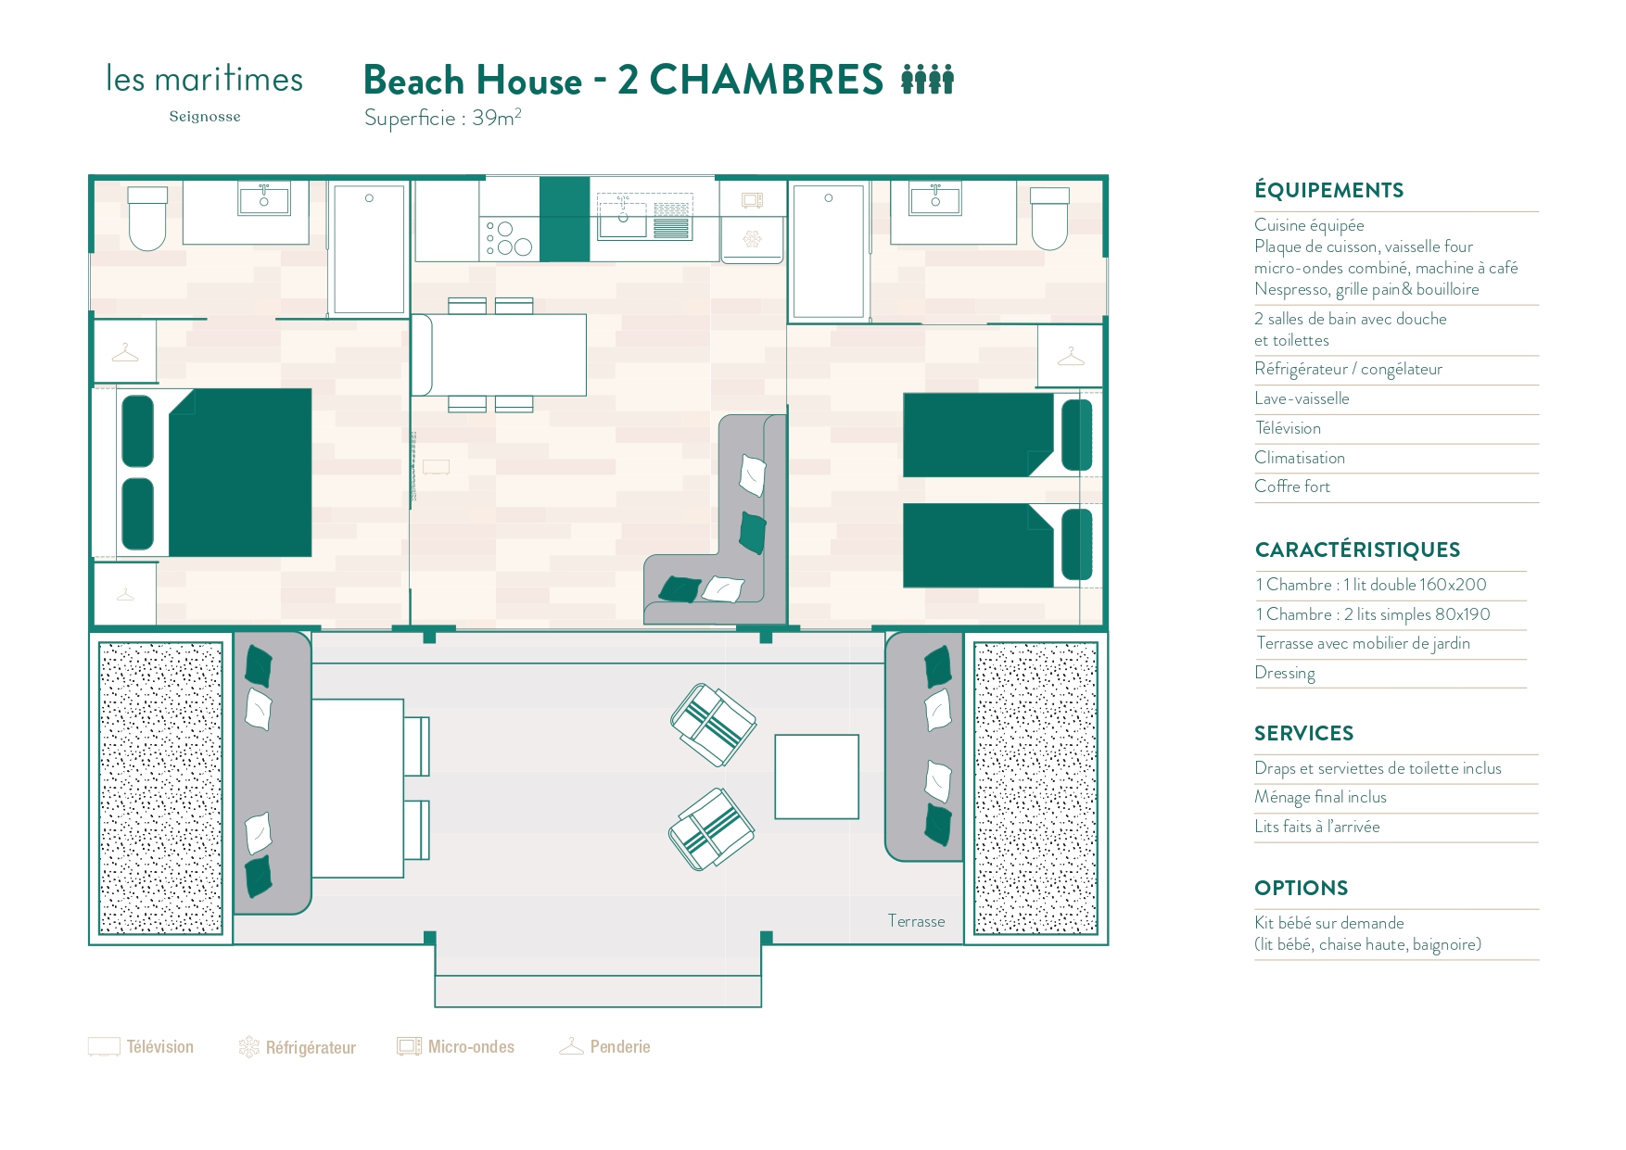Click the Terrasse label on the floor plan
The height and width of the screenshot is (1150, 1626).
coord(916,921)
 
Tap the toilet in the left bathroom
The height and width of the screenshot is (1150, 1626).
coord(147,220)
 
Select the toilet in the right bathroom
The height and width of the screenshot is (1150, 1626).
coord(1049,220)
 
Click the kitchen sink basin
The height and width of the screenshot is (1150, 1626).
coord(622,218)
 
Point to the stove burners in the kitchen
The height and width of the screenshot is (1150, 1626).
coord(509,238)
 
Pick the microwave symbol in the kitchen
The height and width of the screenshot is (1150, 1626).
coord(752,199)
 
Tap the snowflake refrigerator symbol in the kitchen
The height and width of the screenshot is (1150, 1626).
coord(752,240)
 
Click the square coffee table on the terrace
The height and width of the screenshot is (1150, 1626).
coord(817,777)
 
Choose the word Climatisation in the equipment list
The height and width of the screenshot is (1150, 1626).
coord(1299,458)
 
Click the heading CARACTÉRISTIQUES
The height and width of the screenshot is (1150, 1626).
coord(1357,550)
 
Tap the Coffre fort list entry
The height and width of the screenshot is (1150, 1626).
coord(1291,487)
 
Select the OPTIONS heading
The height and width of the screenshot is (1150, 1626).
coord(1301,888)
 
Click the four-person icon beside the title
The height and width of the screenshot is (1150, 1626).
coord(927,80)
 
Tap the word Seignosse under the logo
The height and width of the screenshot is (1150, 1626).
coord(205,117)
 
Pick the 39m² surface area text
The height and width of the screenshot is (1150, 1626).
coord(496,118)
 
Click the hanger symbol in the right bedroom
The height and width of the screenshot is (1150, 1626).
coord(1070,356)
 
